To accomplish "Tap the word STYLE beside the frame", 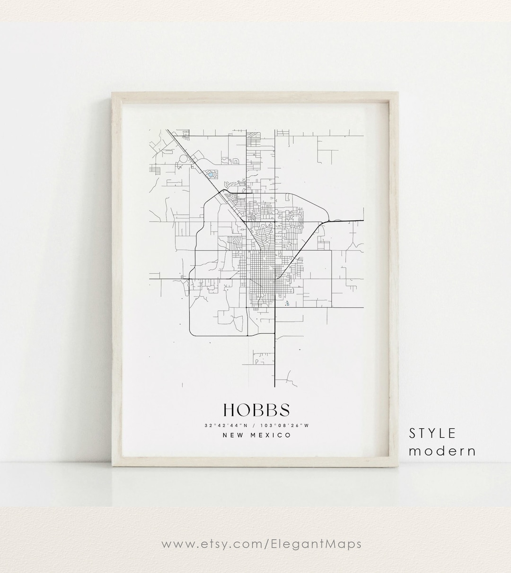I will [432, 433].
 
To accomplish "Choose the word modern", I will [442, 451].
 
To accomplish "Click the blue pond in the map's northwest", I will [210, 174].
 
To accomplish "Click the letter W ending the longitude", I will [307, 425].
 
